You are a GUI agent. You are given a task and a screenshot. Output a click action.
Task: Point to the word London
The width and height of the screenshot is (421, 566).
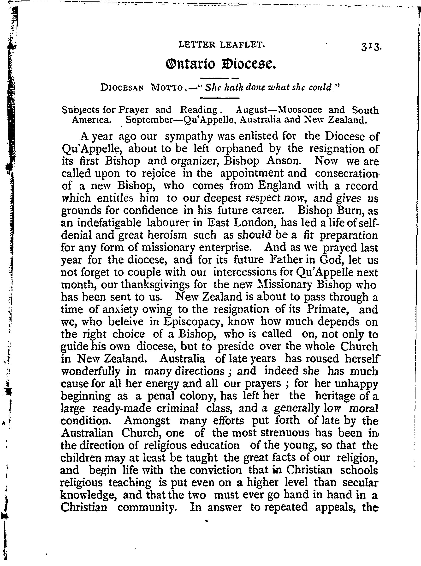coord(255,223)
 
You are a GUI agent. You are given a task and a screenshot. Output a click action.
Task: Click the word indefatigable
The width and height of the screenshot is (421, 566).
coord(109,223)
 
